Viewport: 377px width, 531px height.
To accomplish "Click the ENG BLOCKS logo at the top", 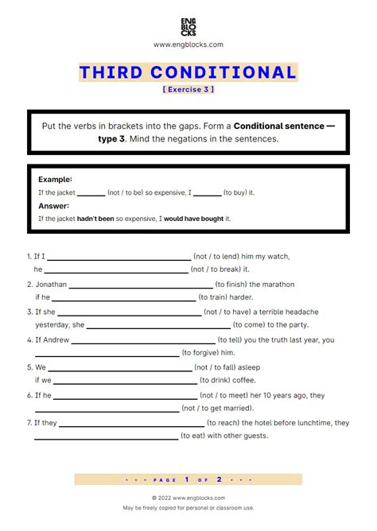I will [x=188, y=24].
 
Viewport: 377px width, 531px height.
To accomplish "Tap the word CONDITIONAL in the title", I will [x=233, y=73].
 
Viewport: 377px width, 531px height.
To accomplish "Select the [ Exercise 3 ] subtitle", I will [x=188, y=89].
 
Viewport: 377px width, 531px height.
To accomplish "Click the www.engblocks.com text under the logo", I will [x=188, y=45].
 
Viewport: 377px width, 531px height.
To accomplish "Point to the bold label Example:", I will [x=55, y=180].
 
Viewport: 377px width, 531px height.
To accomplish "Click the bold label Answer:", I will [x=54, y=205].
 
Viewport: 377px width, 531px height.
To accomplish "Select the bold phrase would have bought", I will [x=193, y=218].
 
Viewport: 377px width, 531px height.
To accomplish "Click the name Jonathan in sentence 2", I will [x=51, y=284].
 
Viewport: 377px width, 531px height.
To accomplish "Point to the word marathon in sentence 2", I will [x=274, y=284].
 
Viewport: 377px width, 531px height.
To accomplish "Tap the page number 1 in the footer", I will [x=186, y=479].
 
